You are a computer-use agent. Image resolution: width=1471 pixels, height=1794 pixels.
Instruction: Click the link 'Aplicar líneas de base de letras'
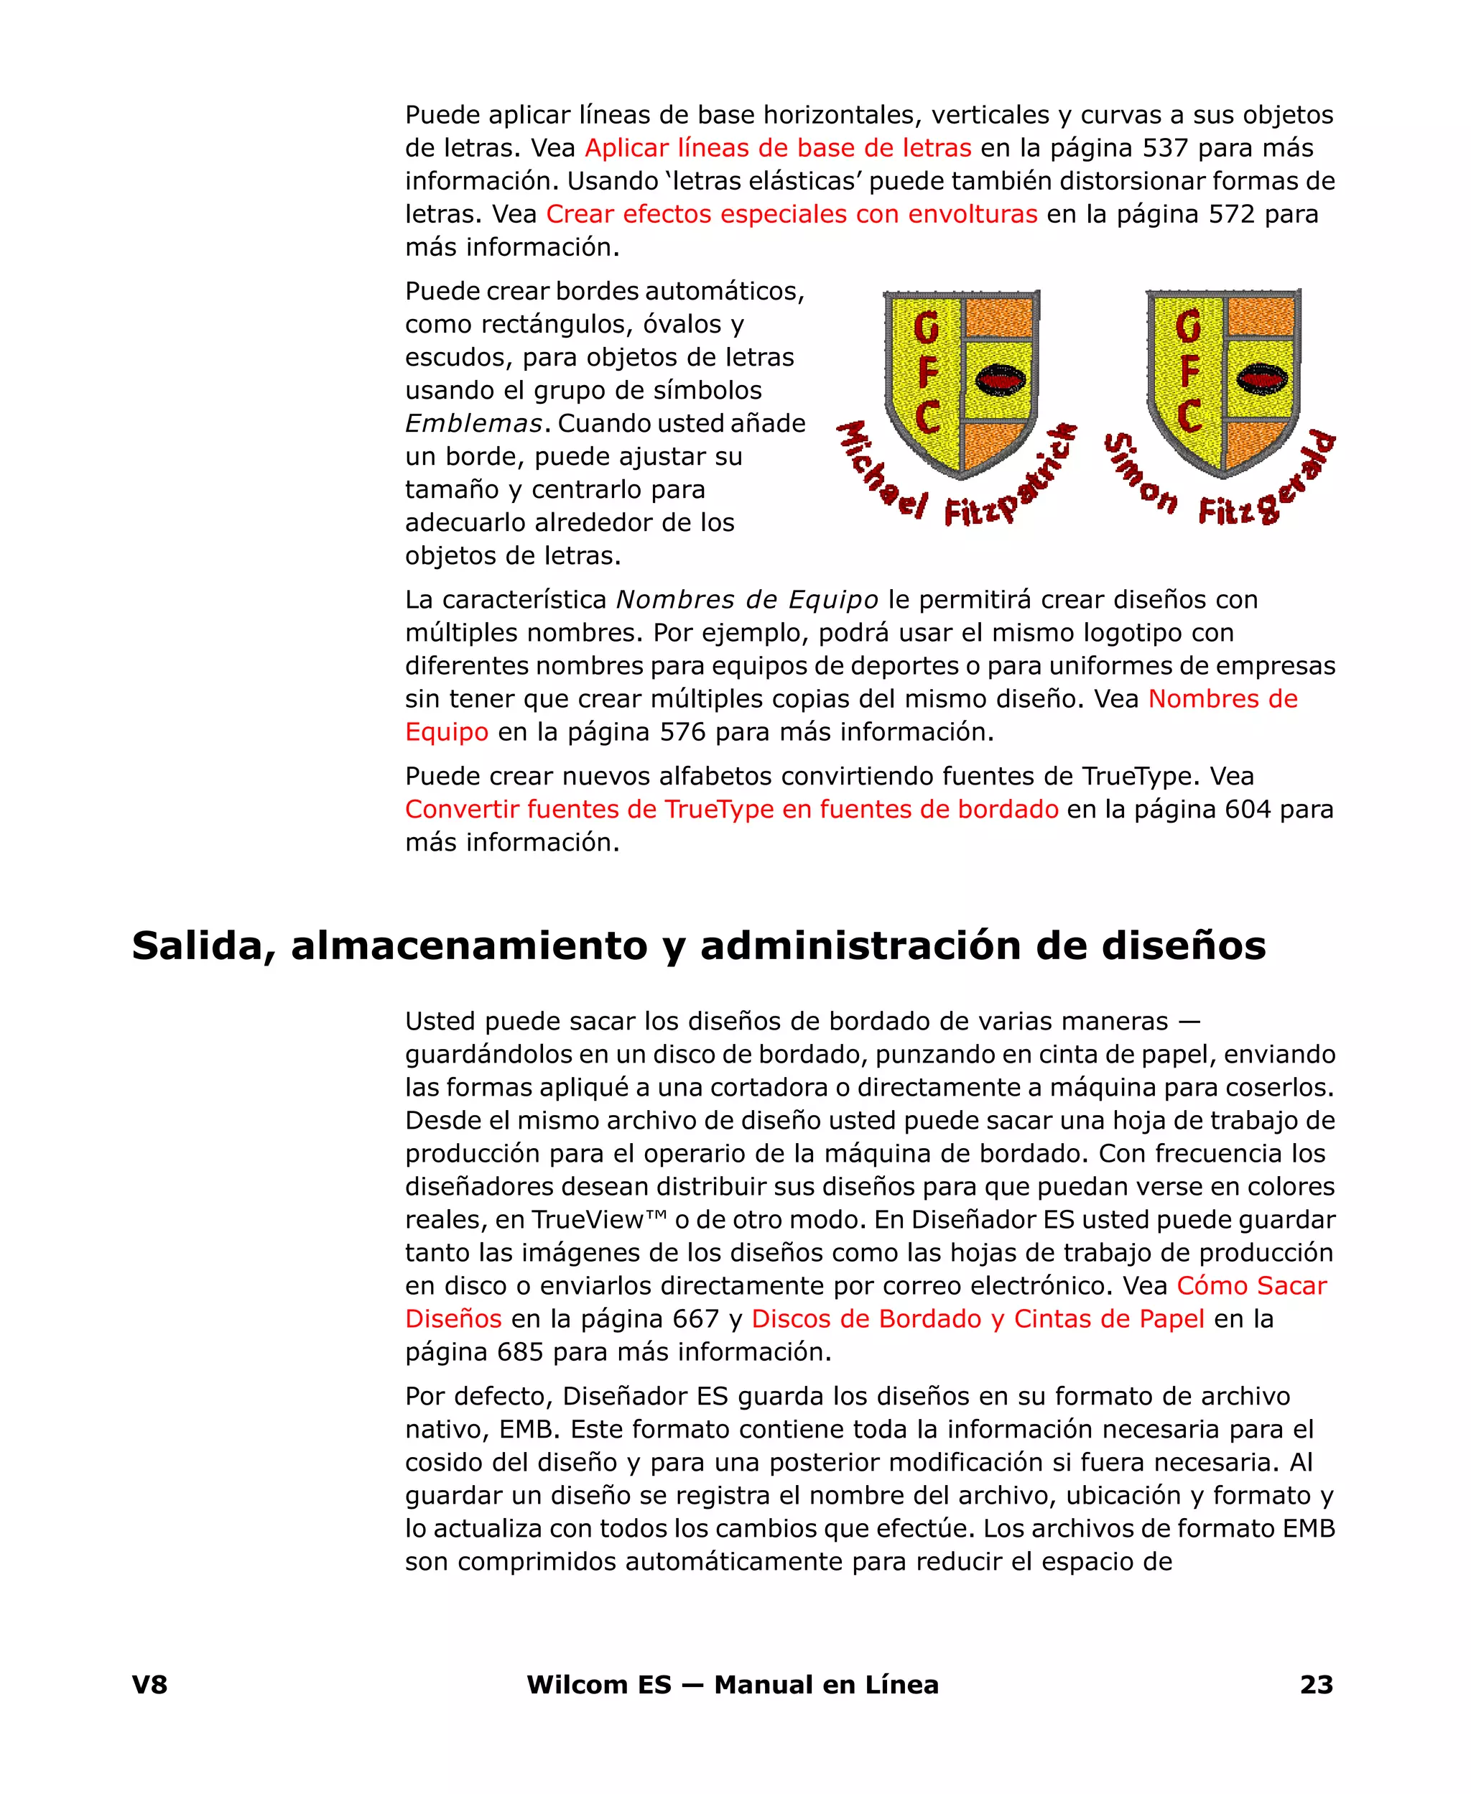click(777, 148)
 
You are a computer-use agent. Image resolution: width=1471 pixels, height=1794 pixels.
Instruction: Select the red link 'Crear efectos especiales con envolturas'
click(792, 214)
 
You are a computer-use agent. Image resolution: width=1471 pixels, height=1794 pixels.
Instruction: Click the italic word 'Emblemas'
click(473, 424)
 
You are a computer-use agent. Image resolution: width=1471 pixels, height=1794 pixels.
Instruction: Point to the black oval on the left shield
click(1001, 379)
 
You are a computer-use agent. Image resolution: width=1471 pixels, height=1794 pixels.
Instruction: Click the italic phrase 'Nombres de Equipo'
click(746, 600)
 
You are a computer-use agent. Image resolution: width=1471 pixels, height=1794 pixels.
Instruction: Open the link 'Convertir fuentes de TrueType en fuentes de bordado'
click(731, 809)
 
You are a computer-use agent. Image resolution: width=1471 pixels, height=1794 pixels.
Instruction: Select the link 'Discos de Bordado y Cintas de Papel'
click(977, 1318)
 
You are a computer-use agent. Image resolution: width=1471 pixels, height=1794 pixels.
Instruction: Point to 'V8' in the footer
click(150, 1685)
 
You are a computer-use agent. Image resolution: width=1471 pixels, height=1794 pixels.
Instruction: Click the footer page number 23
click(1316, 1685)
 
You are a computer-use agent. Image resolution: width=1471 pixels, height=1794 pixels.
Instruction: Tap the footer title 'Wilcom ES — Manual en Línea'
click(732, 1685)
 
